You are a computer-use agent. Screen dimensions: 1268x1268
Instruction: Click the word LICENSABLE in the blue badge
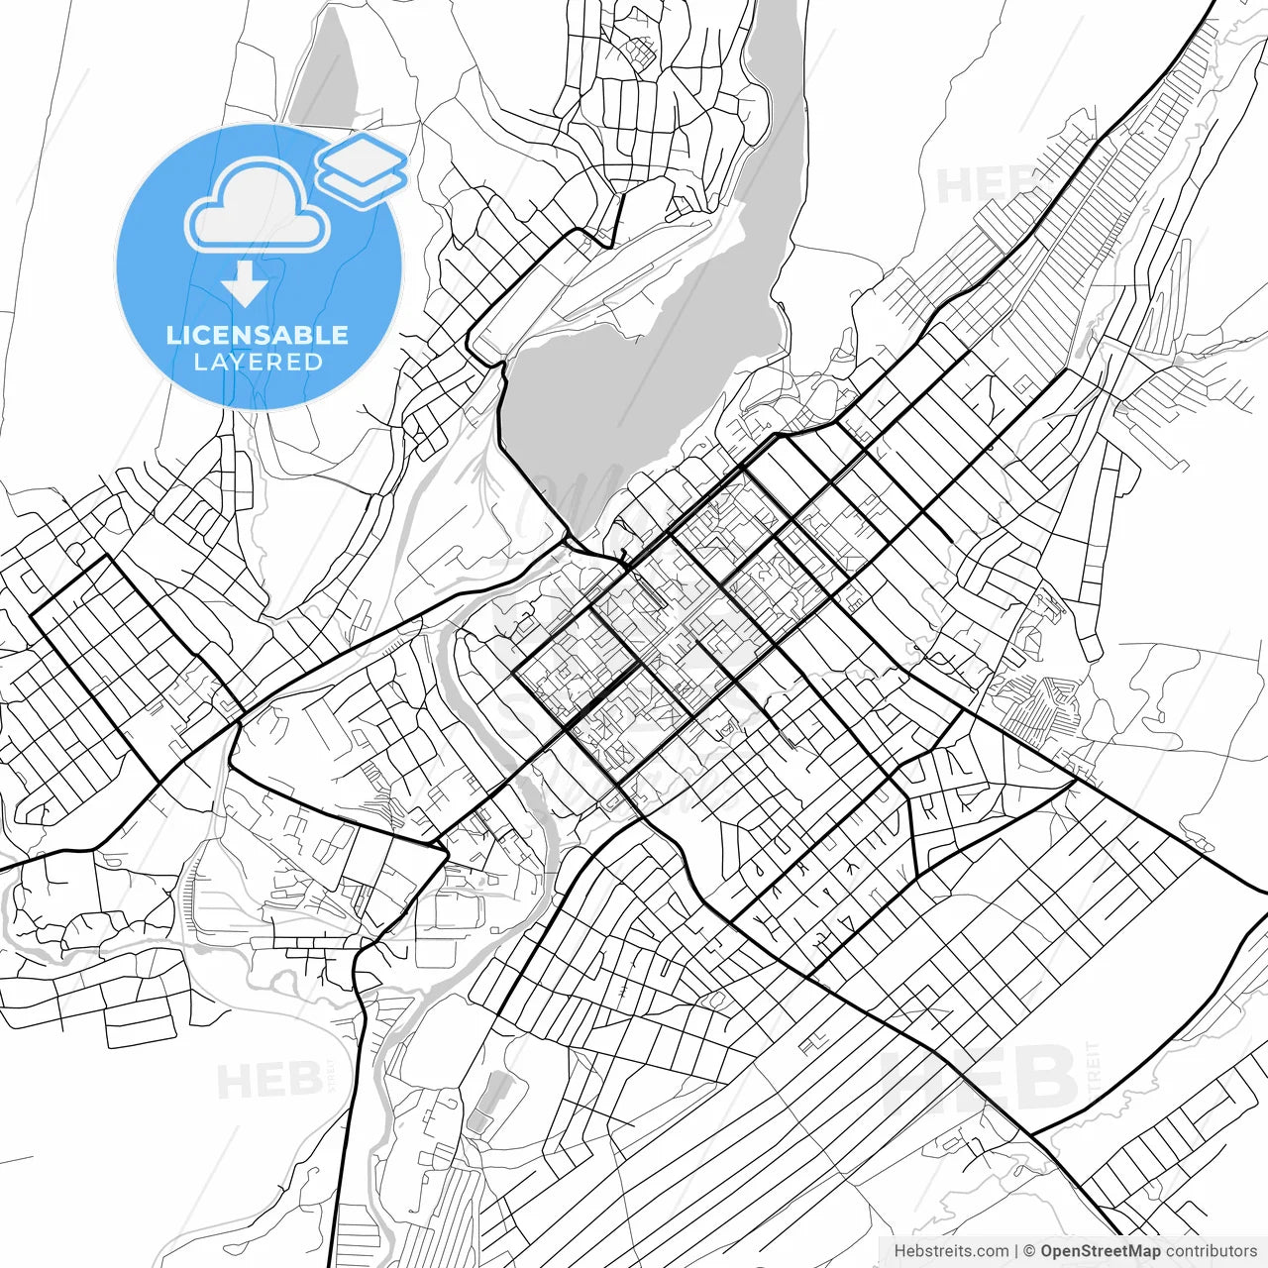pyautogui.click(x=258, y=335)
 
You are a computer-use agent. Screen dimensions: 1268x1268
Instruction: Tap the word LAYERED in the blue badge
pyautogui.click(x=258, y=362)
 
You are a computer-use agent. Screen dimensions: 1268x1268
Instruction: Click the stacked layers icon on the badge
pyautogui.click(x=363, y=170)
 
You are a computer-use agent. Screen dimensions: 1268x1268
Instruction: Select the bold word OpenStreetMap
pyautogui.click(x=1101, y=1251)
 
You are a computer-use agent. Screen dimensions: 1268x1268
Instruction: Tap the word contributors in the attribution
pyautogui.click(x=1212, y=1251)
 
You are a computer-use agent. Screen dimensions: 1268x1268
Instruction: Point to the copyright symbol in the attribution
pyautogui.click(x=1029, y=1251)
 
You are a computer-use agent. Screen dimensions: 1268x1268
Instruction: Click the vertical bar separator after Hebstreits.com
pyautogui.click(x=1016, y=1251)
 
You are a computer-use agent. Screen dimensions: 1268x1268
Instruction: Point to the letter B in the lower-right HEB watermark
pyautogui.click(x=1045, y=1078)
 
